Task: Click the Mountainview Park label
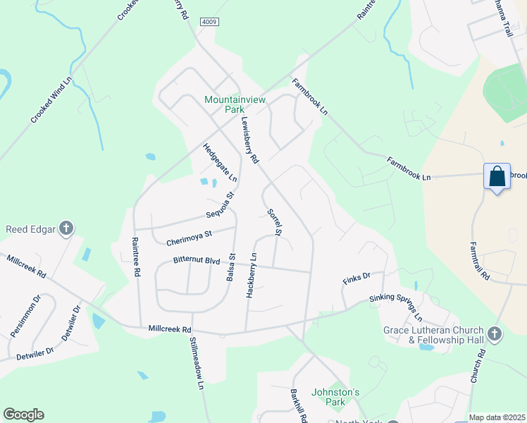pos(235,104)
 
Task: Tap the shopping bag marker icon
pos(497,177)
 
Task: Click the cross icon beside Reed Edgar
pos(66,228)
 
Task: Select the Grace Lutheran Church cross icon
pos(495,333)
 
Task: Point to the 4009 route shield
pos(209,22)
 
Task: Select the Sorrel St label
pos(275,221)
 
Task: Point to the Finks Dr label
pos(356,276)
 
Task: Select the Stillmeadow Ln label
pos(196,363)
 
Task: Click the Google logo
pos(23,415)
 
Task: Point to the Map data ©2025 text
pos(497,417)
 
